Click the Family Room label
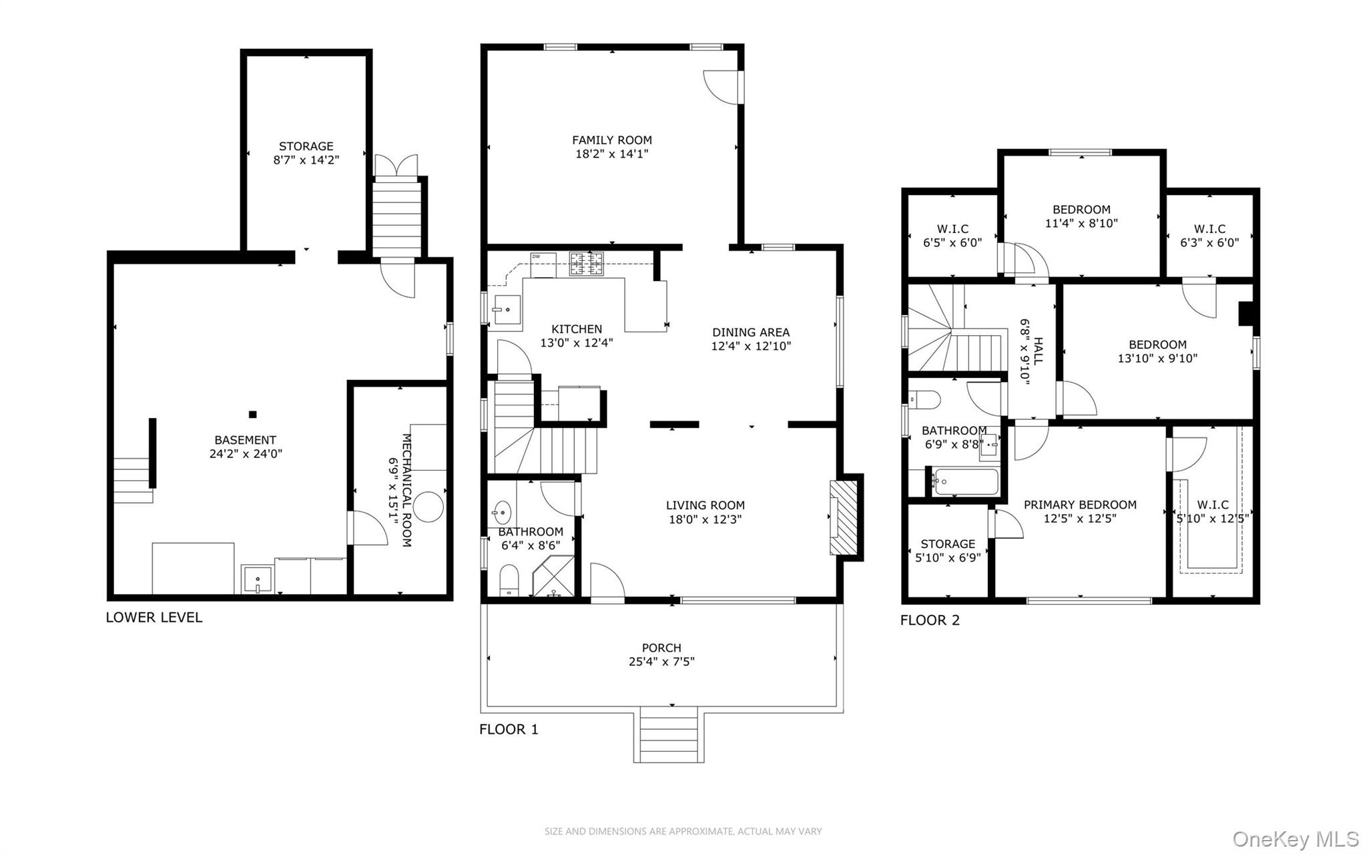point(611,140)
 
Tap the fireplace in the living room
point(844,517)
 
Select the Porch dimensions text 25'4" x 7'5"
point(661,662)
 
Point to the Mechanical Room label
point(406,490)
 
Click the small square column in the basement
point(252,415)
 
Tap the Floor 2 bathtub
point(966,481)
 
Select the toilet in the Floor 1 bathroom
point(509,580)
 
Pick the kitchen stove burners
point(586,264)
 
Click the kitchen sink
point(506,310)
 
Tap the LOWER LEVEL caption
point(154,618)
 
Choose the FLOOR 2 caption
point(930,620)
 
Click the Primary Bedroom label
point(1080,505)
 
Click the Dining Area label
point(751,333)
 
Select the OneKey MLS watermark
point(1296,839)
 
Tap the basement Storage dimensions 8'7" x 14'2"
point(306,160)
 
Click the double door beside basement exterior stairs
point(396,166)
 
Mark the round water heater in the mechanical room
point(428,507)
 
